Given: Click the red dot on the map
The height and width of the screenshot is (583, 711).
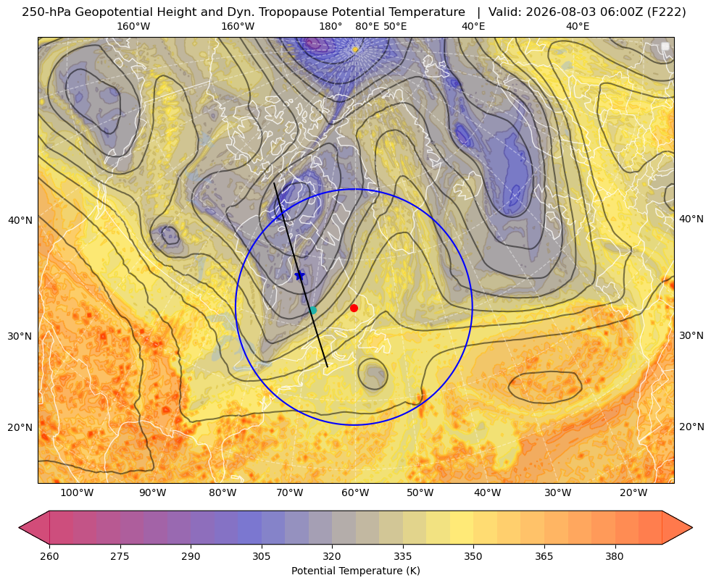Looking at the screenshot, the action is [354, 308].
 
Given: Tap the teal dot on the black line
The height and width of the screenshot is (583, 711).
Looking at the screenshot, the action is [313, 310].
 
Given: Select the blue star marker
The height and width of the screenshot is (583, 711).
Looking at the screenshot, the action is [300, 275].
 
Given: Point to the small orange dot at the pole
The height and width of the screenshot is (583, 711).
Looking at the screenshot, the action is [355, 49].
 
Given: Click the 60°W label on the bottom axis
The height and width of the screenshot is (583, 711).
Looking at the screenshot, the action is [354, 493].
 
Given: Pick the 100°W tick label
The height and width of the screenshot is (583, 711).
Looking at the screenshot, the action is [77, 493].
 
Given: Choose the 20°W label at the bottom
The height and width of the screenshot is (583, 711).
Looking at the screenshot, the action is [633, 493].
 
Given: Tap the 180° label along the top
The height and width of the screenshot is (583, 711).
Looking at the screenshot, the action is [330, 26].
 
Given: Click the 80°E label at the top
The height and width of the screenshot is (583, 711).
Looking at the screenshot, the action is [367, 26].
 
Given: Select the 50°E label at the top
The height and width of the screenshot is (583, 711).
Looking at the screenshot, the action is [395, 26].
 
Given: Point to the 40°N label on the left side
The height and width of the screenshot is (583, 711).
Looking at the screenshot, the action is [20, 220].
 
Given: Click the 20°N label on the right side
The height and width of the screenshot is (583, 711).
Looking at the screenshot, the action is [691, 427].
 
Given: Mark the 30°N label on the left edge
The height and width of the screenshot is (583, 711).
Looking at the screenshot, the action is [20, 336].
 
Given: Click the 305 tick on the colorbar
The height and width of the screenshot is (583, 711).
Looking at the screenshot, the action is [261, 556].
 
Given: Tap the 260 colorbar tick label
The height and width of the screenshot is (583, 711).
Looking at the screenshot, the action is [49, 556].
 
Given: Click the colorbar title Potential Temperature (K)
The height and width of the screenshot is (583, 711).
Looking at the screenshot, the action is [355, 571].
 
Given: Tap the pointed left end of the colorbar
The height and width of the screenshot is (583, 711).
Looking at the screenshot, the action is [20, 527].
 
